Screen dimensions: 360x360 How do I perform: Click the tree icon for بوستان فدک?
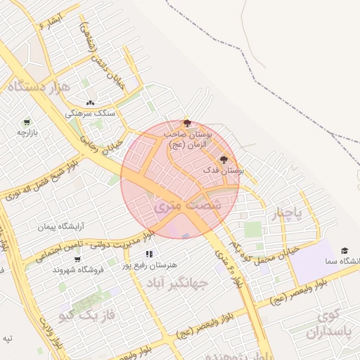[x=224, y=160]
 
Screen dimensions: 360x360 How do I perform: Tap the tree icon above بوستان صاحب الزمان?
[x=186, y=123]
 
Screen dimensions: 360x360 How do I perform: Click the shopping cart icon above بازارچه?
[x=27, y=122]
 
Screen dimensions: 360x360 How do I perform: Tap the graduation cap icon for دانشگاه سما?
[x=345, y=251]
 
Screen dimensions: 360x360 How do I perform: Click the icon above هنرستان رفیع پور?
[x=149, y=254]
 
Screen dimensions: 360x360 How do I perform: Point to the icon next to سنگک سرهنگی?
[x=90, y=103]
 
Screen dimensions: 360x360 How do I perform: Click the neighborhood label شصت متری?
[x=186, y=205]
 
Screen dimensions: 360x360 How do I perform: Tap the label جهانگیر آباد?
[x=179, y=283]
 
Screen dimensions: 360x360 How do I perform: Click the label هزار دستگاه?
[x=38, y=87]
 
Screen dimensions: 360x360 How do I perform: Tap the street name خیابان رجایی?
[x=103, y=145]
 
